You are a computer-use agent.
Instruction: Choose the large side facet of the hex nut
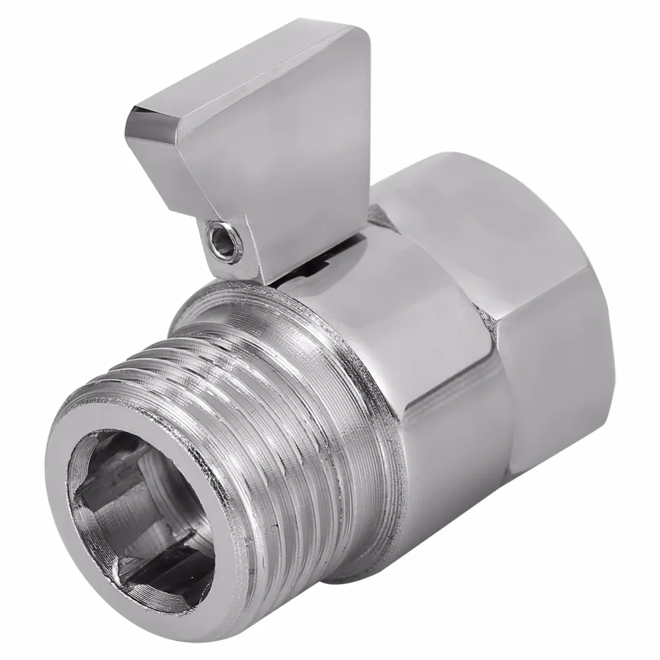554,370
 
